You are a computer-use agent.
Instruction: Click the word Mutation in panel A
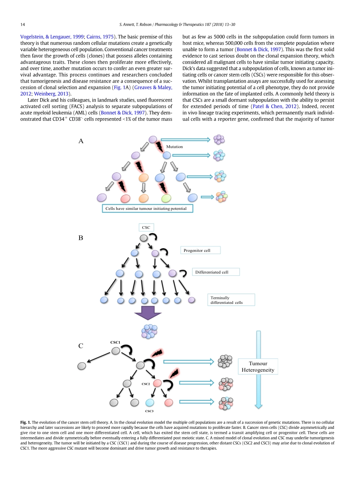click(x=174, y=147)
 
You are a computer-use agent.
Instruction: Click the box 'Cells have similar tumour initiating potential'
click(x=147, y=209)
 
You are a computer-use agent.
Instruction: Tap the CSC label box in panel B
click(x=146, y=228)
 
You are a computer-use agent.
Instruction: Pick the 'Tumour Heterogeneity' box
click(x=258, y=367)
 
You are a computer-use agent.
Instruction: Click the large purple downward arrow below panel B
click(x=148, y=313)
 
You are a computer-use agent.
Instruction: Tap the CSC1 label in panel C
click(x=116, y=342)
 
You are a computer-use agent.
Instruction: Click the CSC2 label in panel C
click(x=146, y=384)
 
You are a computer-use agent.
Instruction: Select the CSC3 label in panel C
click(x=149, y=411)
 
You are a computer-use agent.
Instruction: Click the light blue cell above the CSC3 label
click(x=150, y=402)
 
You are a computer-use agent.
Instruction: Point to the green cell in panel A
click(x=166, y=198)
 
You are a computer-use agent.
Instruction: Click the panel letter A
click(x=81, y=141)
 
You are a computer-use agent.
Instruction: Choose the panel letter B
click(x=81, y=238)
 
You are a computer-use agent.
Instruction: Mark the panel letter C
click(x=81, y=346)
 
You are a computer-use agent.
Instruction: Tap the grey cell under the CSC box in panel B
click(x=144, y=238)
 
